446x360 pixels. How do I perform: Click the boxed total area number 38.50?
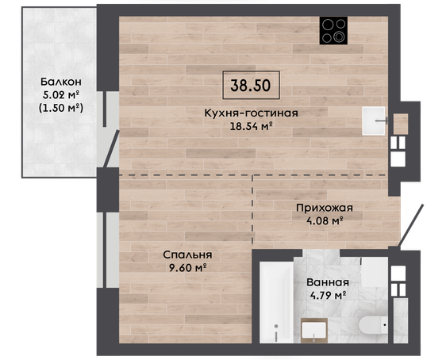(251, 85)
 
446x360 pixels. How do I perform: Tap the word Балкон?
(61, 82)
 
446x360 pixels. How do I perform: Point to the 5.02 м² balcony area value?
(61, 94)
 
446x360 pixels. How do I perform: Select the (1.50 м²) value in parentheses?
(61, 108)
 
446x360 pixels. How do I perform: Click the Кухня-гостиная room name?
(251, 113)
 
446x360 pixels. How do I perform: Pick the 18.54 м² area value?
(251, 126)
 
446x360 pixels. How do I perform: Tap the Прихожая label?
(325, 208)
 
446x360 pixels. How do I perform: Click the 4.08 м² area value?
(325, 220)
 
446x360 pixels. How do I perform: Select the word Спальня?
(187, 255)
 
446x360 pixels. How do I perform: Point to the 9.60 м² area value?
(187, 268)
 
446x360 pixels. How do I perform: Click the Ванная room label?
(328, 282)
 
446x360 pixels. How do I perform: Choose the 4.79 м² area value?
(328, 296)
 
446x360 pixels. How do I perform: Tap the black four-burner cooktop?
(333, 30)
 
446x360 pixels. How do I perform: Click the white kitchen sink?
(374, 121)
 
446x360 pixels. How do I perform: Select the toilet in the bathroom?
(374, 325)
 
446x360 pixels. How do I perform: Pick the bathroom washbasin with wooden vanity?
(314, 331)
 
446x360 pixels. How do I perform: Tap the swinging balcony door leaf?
(111, 148)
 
